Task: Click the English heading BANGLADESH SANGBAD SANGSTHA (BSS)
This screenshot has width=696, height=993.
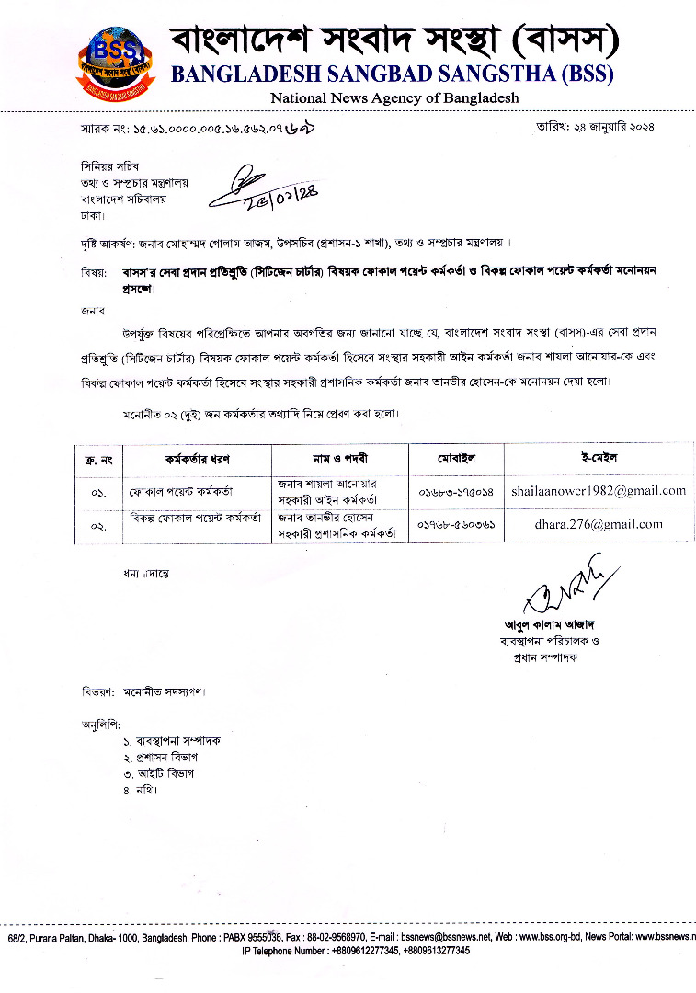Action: point(393,74)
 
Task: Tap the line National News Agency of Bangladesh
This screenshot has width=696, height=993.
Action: point(394,97)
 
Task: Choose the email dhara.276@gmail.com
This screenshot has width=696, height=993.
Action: point(599,524)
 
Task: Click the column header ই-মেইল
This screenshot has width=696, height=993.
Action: point(599,457)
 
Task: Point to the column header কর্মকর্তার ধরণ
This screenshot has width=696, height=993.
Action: point(196,458)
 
